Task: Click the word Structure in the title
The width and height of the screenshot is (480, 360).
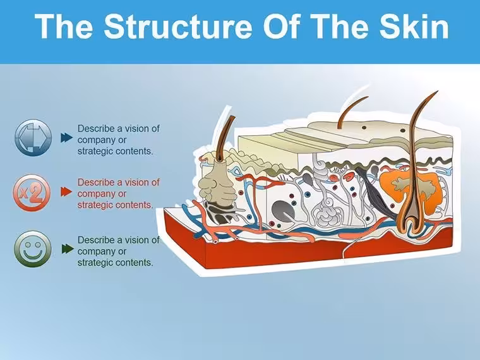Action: (x=178, y=26)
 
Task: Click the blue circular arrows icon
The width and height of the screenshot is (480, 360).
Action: (x=33, y=138)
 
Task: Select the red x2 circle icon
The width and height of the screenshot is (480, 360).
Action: (x=32, y=193)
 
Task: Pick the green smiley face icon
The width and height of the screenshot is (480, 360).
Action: (x=33, y=249)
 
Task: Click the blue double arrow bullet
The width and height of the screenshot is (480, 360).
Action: (x=66, y=138)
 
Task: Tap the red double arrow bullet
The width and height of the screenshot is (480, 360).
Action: (x=66, y=192)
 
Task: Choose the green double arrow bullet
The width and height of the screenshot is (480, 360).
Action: (x=68, y=249)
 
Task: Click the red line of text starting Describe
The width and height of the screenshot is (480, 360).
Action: (x=119, y=183)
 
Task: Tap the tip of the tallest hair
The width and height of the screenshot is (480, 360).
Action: (x=437, y=91)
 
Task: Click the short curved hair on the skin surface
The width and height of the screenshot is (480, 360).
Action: (x=351, y=112)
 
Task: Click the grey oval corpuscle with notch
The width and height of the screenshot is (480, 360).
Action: (x=283, y=210)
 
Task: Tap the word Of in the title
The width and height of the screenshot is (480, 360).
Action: (x=280, y=26)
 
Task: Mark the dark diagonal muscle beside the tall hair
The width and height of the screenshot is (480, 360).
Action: (x=375, y=193)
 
